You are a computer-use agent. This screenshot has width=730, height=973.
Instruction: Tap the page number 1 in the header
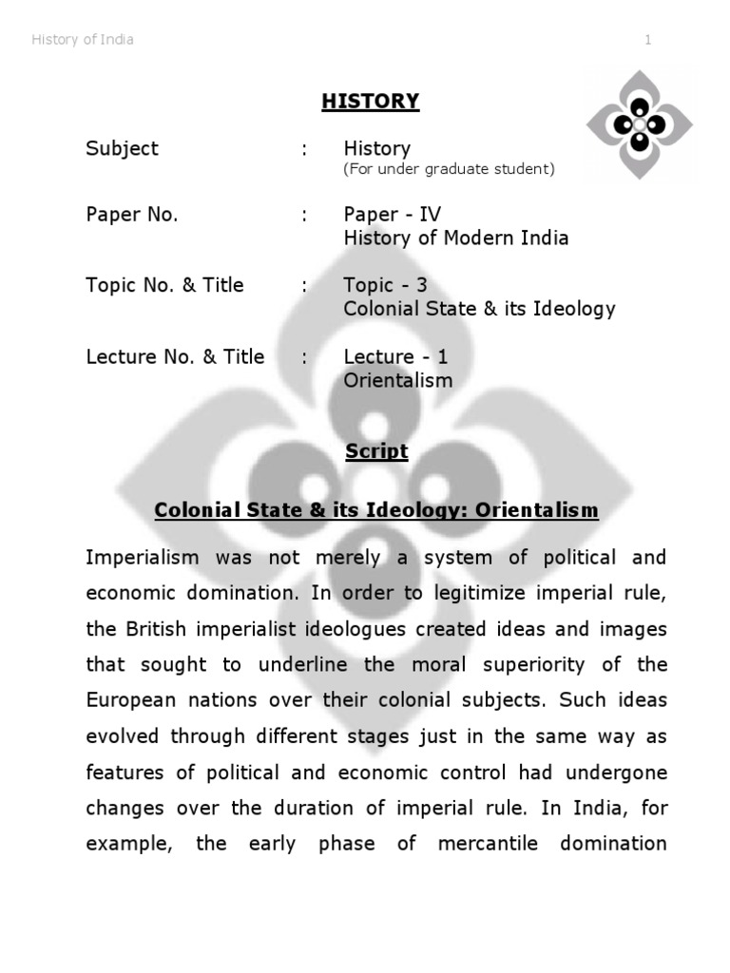click(648, 40)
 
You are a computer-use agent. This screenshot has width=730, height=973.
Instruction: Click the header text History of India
click(83, 40)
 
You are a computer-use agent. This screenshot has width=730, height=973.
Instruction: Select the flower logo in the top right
click(639, 124)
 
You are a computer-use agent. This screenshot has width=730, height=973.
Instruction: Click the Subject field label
click(123, 149)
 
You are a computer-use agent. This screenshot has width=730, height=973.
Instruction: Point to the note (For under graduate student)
click(449, 169)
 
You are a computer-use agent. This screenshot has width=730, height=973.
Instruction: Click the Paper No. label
click(132, 215)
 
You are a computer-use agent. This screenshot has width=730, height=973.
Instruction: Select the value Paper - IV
click(393, 215)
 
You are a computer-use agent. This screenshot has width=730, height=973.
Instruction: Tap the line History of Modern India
click(456, 238)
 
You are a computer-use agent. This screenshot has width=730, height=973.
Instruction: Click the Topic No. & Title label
click(164, 285)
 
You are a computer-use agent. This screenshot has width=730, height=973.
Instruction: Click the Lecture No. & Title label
click(175, 357)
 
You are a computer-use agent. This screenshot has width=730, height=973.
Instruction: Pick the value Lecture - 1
click(395, 357)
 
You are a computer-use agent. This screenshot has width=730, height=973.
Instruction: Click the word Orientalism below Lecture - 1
click(398, 380)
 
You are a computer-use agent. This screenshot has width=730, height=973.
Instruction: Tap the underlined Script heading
click(376, 451)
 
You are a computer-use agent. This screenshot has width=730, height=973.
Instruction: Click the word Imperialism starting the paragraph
click(141, 557)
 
